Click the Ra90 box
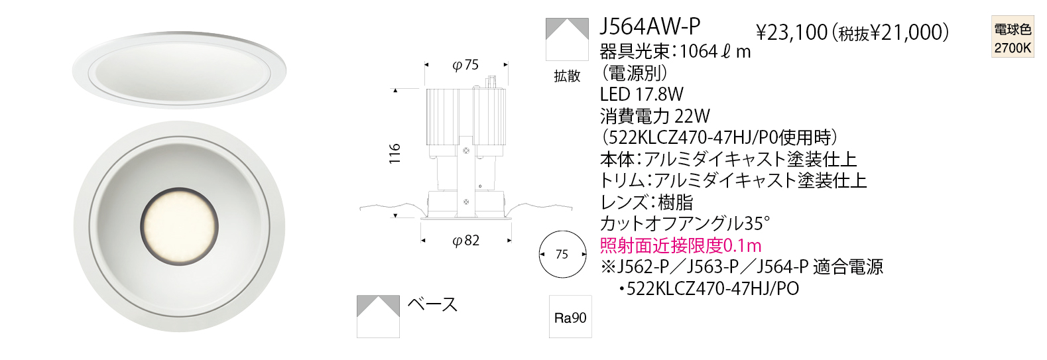pos(570,317)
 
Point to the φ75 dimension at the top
pos(466,65)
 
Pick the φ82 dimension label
pos(466,240)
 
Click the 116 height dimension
pos(395,153)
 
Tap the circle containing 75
pos(563,255)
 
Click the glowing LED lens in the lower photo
pos(180,227)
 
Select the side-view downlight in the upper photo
pos(179,70)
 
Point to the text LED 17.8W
pos(642,94)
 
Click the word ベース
pos(432,304)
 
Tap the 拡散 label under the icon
pos(567,76)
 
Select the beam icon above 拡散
pos(567,39)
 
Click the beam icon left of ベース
pos(378,316)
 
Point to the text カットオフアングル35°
pos(685,224)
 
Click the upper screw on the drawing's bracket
pos(465,150)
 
